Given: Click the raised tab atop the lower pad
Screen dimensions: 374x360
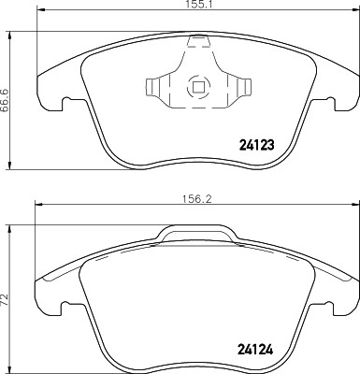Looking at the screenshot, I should click(x=196, y=233).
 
